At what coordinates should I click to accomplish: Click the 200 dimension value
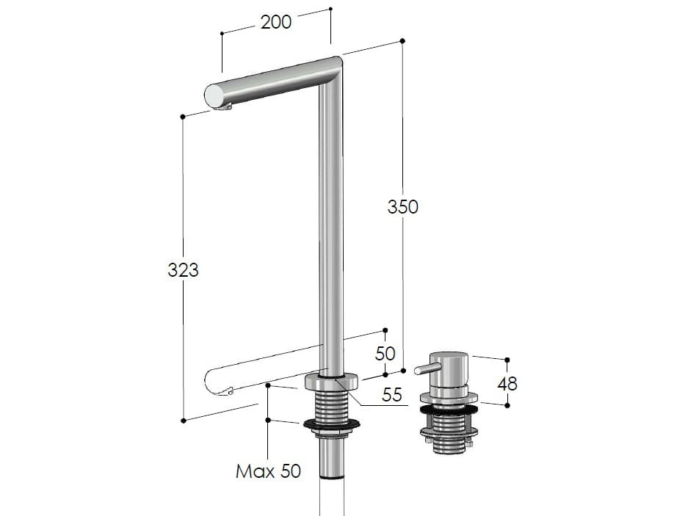pyautogui.click(x=276, y=22)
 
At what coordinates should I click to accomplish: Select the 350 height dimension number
pyautogui.click(x=402, y=207)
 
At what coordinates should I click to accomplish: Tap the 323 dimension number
pyautogui.click(x=183, y=270)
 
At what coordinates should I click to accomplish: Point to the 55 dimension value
pyautogui.click(x=392, y=395)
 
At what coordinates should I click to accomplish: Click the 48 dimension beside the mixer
pyautogui.click(x=507, y=383)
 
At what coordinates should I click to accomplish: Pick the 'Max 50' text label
pyautogui.click(x=268, y=471)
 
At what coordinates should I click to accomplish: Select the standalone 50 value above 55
pyautogui.click(x=385, y=353)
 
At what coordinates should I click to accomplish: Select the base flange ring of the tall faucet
pyautogui.click(x=331, y=382)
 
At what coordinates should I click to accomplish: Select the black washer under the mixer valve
pyautogui.click(x=449, y=408)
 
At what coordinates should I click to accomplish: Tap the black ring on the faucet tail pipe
pyautogui.click(x=331, y=478)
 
